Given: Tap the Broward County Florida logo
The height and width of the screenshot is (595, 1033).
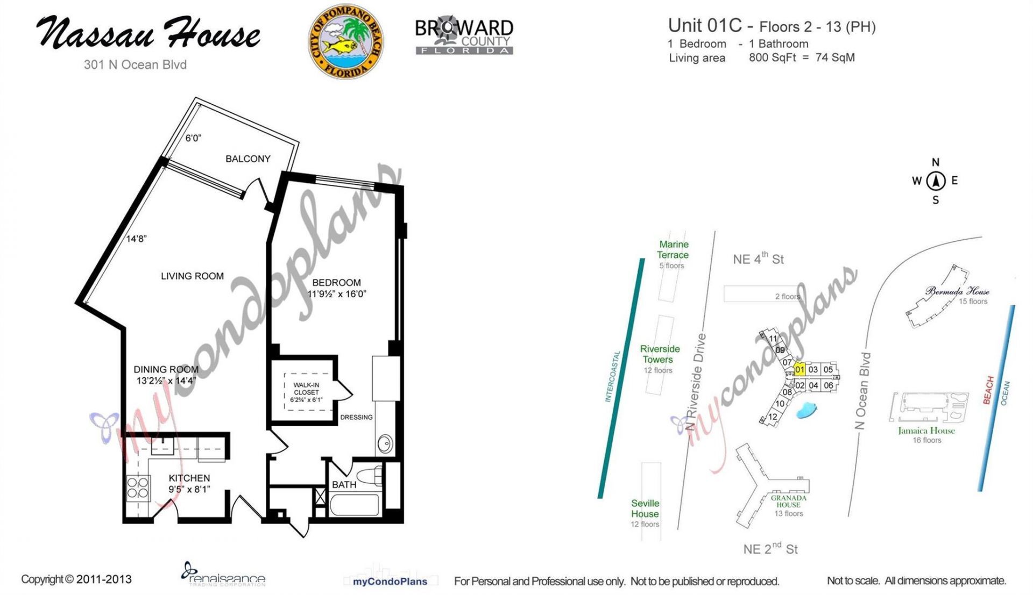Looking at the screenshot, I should [464, 37].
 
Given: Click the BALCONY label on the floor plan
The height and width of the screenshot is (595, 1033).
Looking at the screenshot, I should [247, 159].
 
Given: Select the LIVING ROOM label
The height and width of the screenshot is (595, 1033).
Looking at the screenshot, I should [192, 276].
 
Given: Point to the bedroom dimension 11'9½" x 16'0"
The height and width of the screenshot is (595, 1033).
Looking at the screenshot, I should [337, 294].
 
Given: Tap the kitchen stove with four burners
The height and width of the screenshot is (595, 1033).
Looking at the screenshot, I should [138, 489].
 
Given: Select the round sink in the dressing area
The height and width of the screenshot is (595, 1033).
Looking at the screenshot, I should [385, 444].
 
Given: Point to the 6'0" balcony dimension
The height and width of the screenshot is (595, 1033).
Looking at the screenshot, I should [193, 138].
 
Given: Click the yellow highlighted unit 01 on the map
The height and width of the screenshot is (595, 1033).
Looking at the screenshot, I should [799, 369].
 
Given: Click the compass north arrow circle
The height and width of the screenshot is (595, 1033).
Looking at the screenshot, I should [936, 181].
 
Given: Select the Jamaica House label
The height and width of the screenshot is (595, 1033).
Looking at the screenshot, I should [926, 431].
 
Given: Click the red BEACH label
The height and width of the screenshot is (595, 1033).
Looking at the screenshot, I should [988, 390].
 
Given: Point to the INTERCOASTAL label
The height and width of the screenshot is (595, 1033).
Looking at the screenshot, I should [613, 376].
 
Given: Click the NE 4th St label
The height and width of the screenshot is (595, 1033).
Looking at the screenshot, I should [758, 259].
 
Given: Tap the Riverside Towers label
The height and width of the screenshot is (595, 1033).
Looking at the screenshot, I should [660, 354].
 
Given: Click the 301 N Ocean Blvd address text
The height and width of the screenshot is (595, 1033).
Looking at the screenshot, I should [135, 64].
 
